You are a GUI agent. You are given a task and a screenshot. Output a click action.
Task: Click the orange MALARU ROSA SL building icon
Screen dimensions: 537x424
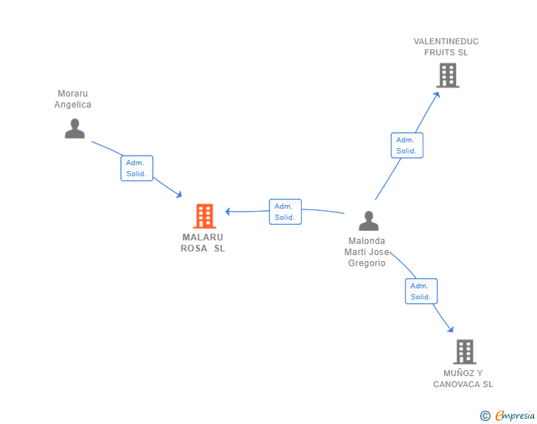tap(204, 216)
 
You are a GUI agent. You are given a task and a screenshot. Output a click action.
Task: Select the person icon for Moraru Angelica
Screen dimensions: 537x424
tap(75, 128)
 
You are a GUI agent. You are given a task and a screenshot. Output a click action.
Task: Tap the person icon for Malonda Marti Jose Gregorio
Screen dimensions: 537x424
tap(369, 221)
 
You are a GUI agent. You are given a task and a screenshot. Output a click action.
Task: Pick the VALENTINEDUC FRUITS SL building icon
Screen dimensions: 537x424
tap(448, 75)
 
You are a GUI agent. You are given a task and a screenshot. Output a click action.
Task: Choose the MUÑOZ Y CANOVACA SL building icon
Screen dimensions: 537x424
tap(465, 352)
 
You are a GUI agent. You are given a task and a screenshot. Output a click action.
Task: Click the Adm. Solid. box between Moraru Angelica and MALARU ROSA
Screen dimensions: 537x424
tap(136, 168)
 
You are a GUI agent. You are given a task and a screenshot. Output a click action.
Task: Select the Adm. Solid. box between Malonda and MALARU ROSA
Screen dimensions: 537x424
tap(285, 212)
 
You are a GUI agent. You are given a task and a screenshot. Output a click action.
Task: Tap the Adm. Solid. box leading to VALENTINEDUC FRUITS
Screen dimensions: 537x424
tap(407, 145)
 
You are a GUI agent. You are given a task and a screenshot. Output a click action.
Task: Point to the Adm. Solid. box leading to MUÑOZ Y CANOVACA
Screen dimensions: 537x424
tap(421, 291)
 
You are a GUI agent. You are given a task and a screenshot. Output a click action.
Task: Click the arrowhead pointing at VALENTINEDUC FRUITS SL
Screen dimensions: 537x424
tap(437, 94)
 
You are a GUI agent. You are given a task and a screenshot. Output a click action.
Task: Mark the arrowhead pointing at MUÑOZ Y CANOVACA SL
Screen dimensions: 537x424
tap(451, 330)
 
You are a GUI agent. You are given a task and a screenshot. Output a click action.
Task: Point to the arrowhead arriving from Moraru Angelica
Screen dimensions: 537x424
tap(179, 195)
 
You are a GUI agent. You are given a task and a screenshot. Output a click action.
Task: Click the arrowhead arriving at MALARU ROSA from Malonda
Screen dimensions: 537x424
tap(227, 212)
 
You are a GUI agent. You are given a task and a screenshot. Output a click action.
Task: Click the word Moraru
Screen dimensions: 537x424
tap(72, 94)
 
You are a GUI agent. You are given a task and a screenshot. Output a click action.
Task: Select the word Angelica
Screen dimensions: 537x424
tap(72, 105)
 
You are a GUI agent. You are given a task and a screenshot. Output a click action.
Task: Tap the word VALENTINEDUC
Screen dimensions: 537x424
tap(446, 41)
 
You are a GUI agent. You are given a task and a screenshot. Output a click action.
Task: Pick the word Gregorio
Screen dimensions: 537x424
tap(367, 263)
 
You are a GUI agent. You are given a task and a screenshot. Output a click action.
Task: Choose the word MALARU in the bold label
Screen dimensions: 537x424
tap(203, 237)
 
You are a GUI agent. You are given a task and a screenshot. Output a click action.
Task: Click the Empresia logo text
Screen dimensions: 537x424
tap(515, 415)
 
